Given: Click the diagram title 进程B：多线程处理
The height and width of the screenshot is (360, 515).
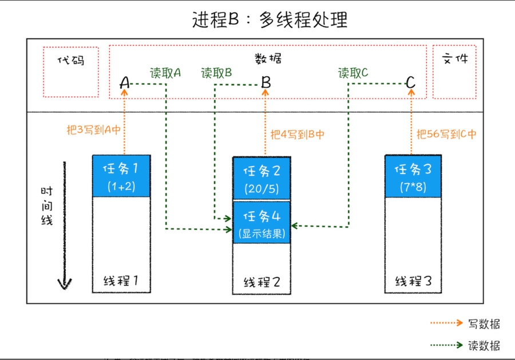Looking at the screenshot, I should (x=270, y=20).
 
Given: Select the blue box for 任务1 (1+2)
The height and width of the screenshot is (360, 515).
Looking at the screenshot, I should (x=121, y=176).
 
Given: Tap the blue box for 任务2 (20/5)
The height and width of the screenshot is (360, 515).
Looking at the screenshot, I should (x=262, y=177).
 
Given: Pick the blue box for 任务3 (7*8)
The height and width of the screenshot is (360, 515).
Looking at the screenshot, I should (x=413, y=176).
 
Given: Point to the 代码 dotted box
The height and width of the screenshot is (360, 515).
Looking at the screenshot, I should (x=71, y=72).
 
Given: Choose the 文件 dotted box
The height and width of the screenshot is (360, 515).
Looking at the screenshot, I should (x=454, y=72).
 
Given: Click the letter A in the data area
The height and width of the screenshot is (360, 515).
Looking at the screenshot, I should (x=125, y=83).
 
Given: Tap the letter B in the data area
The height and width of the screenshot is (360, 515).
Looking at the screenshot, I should (x=266, y=83).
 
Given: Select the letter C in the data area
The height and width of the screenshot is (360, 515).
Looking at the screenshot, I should (x=410, y=83).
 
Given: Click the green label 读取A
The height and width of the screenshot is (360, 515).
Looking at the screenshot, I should (x=165, y=73).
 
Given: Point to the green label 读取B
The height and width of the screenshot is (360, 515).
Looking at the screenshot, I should (x=216, y=73).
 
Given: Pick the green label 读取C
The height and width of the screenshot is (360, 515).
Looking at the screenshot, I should (x=353, y=73).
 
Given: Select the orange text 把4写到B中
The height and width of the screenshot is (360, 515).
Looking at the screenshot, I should (x=298, y=134).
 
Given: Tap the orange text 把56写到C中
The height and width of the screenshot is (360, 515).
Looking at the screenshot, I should (x=446, y=134).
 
